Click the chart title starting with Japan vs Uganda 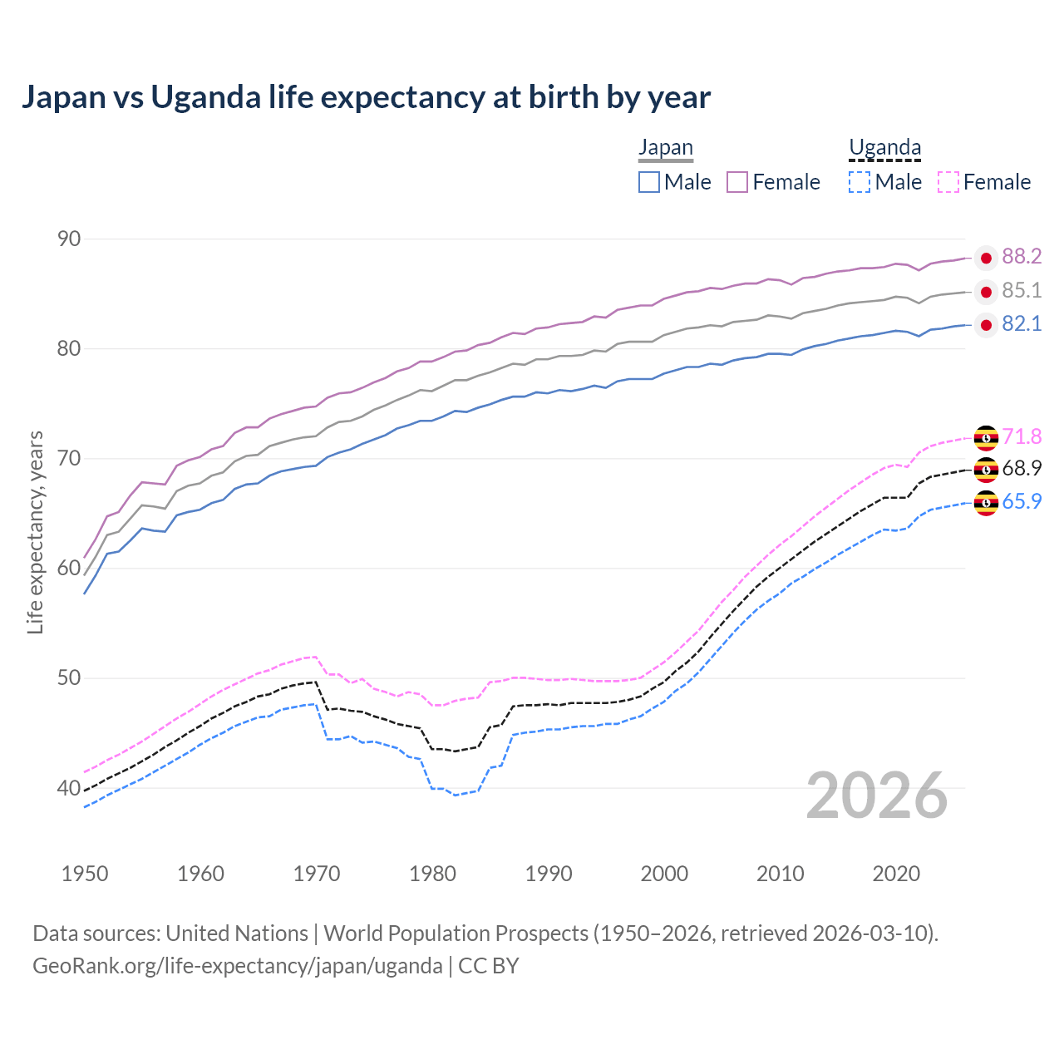[366, 97]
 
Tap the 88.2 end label [1022, 257]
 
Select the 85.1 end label [1022, 291]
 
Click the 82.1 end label [1022, 324]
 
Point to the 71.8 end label [1022, 437]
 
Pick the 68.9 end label [1022, 469]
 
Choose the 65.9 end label [1022, 502]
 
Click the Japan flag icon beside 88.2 [986, 258]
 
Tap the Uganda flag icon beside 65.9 [986, 503]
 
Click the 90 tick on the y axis [69, 239]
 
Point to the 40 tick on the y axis [69, 788]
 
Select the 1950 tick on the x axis [85, 874]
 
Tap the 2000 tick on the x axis [664, 874]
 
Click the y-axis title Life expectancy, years [36, 532]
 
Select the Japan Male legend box [649, 182]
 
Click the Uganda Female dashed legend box [948, 182]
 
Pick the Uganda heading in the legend [884, 148]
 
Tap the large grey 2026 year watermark [877, 796]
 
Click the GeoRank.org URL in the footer [238, 966]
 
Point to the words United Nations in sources [237, 933]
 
